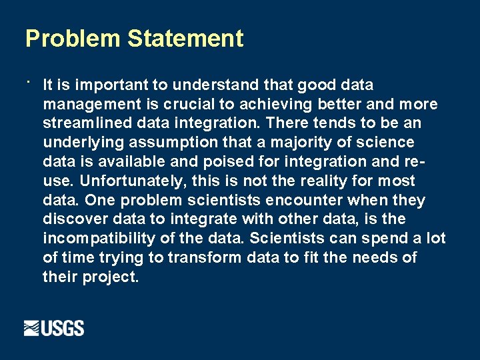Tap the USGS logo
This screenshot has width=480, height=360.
pyautogui.click(x=54, y=328)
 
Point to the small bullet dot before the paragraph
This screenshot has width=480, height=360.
pyautogui.click(x=29, y=82)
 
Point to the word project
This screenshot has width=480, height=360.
pyautogui.click(x=111, y=277)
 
